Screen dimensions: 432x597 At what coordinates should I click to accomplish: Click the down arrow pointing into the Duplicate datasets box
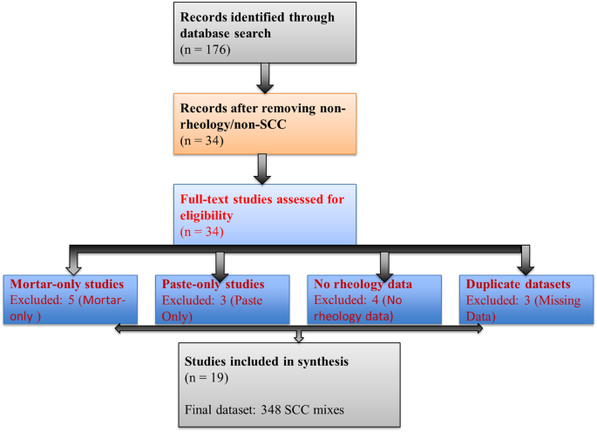[526, 260]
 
